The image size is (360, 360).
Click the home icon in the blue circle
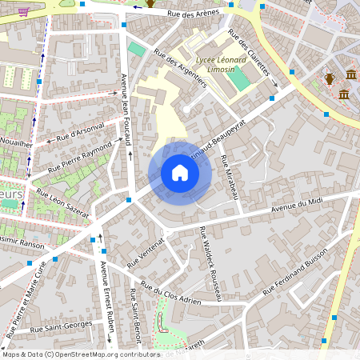(180, 173)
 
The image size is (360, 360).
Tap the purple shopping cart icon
(24, 11)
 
